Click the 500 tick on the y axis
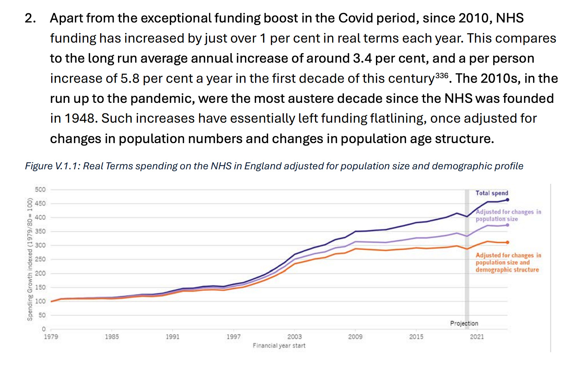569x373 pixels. point(40,190)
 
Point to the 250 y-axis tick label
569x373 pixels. point(40,259)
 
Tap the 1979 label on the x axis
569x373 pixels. point(51,337)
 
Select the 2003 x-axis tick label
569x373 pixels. point(294,337)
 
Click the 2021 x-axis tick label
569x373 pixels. point(477,337)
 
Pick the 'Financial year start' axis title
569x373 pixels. point(279,346)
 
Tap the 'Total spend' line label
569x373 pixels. point(492,193)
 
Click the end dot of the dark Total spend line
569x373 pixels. point(507,200)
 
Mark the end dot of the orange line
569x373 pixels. point(507,242)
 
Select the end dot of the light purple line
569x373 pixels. point(507,225)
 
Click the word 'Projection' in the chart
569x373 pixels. point(464,323)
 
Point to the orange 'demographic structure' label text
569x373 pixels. point(507,270)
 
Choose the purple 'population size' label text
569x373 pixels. point(496,219)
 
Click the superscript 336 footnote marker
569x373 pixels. point(442,75)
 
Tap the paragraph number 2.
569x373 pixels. point(30,18)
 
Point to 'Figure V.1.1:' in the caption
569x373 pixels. point(52,166)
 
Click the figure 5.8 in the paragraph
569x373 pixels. point(130,79)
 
